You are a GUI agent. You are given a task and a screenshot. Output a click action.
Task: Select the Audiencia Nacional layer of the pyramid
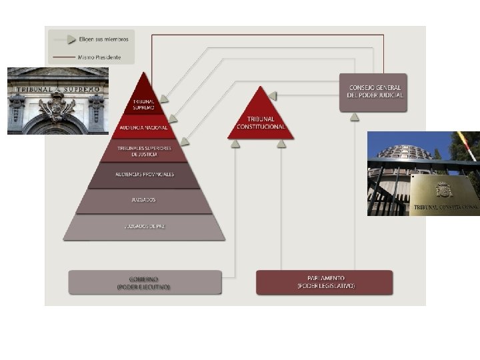144,127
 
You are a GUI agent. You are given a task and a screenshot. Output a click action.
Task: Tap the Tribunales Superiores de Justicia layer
144,151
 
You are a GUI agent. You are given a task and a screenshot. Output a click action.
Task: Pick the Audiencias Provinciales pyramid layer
144,175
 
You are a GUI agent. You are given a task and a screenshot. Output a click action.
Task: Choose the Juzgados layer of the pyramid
144,200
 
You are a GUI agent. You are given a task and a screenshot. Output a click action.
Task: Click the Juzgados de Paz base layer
144,227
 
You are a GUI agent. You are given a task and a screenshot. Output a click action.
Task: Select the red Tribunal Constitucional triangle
261,119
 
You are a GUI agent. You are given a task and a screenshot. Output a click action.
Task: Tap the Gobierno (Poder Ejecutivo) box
145,282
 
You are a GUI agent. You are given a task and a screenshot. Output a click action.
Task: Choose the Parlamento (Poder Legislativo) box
325,282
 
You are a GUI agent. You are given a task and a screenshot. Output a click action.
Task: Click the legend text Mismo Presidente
100,57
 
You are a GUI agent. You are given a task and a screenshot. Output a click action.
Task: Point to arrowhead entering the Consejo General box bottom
355,117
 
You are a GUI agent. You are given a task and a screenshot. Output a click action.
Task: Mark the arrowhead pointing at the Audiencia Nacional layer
173,119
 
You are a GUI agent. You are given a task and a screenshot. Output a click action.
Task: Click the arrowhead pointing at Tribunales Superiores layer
184,141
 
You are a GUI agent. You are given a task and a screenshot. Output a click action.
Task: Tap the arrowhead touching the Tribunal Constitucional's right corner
272,96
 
